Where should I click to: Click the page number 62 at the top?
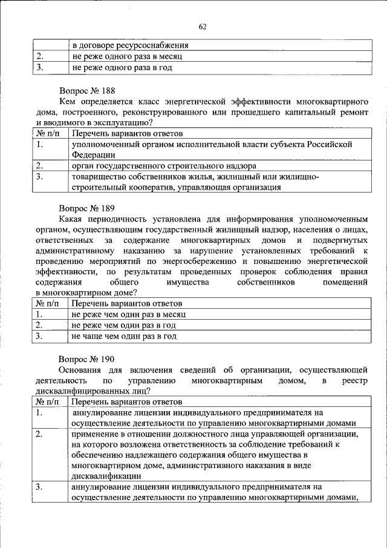click(x=203, y=26)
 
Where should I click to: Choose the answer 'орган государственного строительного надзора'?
click(x=164, y=165)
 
